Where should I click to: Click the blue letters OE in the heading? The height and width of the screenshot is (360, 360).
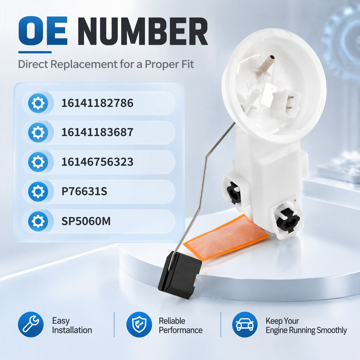coord(43,31)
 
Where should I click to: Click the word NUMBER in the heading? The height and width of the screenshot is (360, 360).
coord(143,31)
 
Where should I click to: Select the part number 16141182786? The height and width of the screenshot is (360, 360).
coord(97,103)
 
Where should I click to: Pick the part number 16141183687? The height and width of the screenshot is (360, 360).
coord(97,132)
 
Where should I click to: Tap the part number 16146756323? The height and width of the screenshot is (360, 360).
coord(97,162)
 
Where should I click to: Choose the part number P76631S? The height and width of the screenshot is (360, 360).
coord(84,191)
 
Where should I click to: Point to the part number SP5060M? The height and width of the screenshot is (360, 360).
coord(86,221)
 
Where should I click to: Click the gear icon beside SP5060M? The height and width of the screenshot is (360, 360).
coord(38,221)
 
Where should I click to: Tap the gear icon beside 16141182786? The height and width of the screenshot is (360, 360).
coord(38,103)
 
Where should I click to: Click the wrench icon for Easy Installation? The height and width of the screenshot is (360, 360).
coord(31,324)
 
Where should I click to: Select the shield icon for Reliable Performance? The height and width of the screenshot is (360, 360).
coord(139,324)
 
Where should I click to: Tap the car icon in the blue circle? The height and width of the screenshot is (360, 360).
coord(245,324)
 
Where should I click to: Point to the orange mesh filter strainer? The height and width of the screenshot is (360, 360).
coord(226,237)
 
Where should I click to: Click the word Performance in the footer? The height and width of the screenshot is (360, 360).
coord(181,330)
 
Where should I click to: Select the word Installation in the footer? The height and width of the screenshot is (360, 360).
coord(72,330)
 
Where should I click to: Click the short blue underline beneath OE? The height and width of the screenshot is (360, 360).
coord(35,52)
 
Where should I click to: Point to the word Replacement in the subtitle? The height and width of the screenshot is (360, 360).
coord(84,64)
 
